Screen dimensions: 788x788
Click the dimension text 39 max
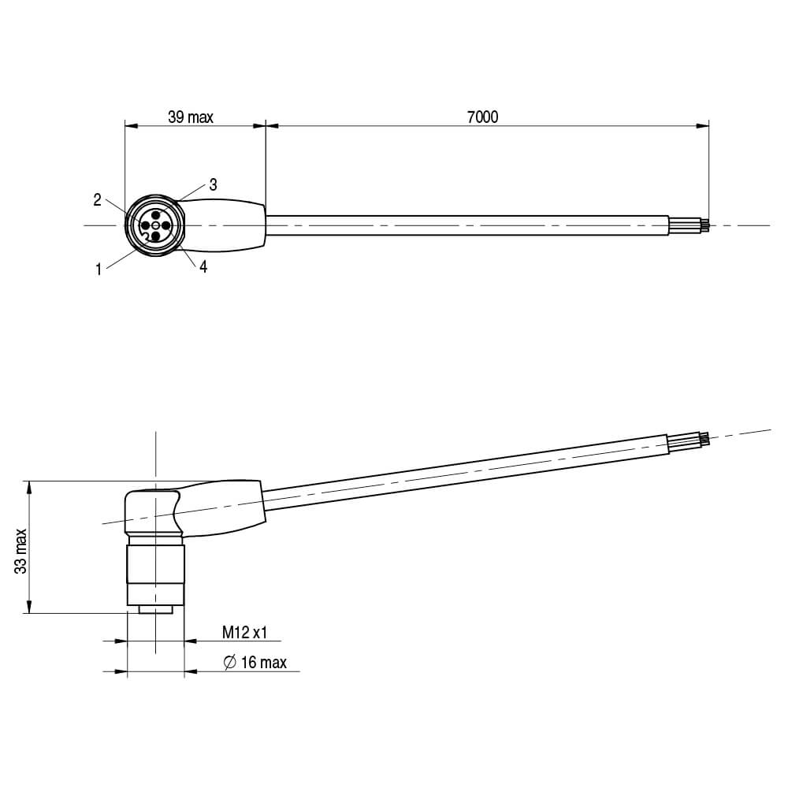point(191,117)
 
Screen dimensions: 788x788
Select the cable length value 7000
point(482,117)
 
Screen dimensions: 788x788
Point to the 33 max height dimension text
point(21,551)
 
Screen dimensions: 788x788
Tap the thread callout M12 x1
point(244,632)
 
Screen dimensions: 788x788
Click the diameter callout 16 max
point(264,663)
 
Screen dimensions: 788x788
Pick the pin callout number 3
point(213,184)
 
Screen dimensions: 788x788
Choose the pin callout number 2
point(98,200)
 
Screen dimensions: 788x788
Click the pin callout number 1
point(99,269)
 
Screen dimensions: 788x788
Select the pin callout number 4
point(203,267)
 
